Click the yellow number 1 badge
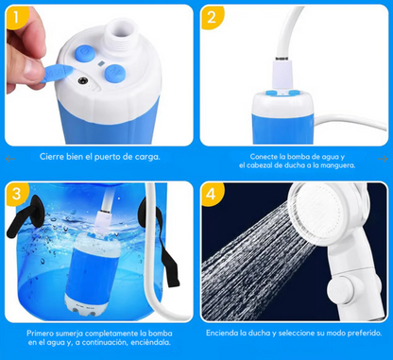click(15, 16)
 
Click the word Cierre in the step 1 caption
click(53, 157)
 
